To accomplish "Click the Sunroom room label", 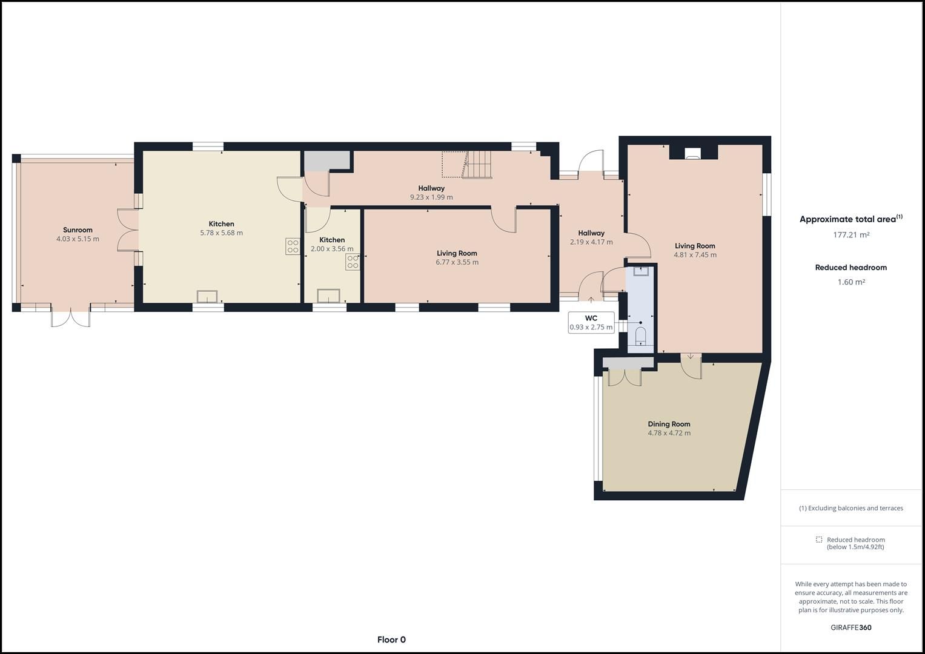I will (x=78, y=230).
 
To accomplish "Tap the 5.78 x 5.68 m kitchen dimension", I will (x=221, y=233).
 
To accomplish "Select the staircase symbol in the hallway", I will (x=479, y=164).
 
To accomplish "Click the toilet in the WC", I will (x=640, y=335).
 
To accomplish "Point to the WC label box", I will (x=591, y=323).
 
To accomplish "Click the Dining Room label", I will (x=669, y=424).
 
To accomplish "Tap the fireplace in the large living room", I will (x=693, y=154).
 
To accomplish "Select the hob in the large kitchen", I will (x=293, y=246).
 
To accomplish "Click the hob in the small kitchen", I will (x=353, y=262).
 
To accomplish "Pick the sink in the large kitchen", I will (x=207, y=296).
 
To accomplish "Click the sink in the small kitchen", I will (x=328, y=296).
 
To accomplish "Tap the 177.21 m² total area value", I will (x=850, y=235).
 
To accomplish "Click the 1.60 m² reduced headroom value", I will (x=850, y=282).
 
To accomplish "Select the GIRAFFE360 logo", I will (x=850, y=627).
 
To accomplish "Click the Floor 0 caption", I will (x=391, y=639).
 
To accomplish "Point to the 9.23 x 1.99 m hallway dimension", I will (x=431, y=197).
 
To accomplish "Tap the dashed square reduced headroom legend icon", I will (x=819, y=540).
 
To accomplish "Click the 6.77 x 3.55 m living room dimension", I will (x=457, y=262).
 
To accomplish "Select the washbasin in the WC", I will (x=640, y=271).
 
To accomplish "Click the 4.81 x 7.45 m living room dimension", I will (x=695, y=255).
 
